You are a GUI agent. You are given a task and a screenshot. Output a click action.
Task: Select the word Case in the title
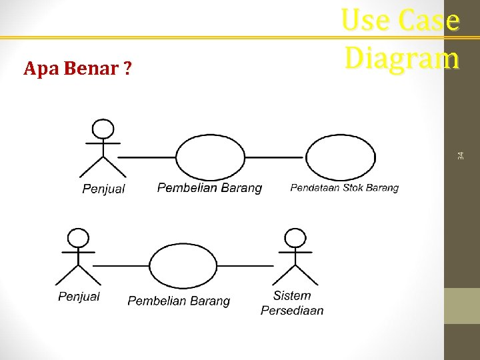pos(430,21)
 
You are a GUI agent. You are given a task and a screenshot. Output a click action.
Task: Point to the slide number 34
pos(460,155)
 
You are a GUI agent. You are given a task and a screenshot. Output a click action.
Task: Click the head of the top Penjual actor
pos(103,129)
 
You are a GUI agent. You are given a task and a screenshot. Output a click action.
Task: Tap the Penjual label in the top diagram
pos(103,189)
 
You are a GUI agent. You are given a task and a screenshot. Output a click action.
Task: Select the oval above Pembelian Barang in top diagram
pos(211,157)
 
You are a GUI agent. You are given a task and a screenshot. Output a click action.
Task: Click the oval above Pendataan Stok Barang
pos(340,157)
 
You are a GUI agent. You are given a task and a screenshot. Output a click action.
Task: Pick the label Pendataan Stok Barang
pos(344,188)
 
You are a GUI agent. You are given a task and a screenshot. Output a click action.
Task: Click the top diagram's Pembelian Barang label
pos(209,188)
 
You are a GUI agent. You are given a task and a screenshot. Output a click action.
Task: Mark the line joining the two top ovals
pos(274,157)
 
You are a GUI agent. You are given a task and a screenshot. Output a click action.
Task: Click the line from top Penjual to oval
pos(147,157)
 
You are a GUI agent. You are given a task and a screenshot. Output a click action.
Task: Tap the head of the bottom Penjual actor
pos(79,237)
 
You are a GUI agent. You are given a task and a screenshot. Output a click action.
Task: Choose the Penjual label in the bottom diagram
pos(79,297)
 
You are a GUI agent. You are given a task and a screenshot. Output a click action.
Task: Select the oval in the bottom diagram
pos(183,265)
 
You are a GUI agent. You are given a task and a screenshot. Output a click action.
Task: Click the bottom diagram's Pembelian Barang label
pos(179,301)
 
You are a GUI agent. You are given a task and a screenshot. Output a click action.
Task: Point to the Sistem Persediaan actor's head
pos(293,237)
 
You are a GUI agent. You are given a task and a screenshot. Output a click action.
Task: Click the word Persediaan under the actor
pos(292,310)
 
